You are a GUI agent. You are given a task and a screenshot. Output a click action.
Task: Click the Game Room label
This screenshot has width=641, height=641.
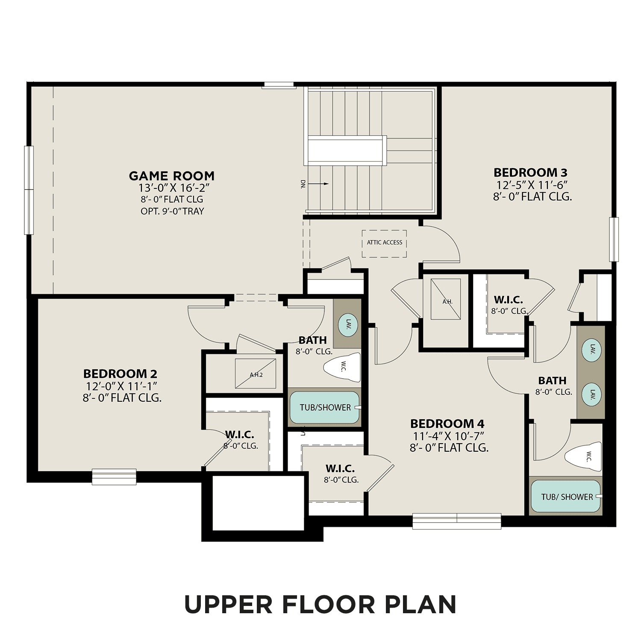tap(171, 176)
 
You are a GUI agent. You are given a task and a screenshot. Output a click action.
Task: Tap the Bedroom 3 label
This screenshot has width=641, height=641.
tap(530, 173)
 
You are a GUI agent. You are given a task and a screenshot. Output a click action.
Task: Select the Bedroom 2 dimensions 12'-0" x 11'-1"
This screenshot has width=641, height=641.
tap(122, 386)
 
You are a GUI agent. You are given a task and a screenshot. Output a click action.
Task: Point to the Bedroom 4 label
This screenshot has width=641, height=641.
tap(447, 424)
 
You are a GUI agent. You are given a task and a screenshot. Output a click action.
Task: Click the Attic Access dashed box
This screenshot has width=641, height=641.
tap(384, 244)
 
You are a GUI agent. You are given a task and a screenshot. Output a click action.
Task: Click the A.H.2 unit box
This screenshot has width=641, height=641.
tap(256, 374)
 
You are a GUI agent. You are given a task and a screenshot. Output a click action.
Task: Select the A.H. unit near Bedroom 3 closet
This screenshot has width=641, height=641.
tap(446, 299)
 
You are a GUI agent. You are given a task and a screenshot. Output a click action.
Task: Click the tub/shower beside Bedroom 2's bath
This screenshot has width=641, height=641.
tap(325, 408)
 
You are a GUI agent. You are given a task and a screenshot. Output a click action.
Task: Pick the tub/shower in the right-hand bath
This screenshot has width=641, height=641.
tap(566, 497)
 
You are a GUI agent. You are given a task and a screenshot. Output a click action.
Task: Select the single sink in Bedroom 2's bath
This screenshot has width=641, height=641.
tap(348, 324)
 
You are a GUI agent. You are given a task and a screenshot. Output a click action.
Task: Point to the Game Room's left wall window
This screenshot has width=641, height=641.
tap(29, 190)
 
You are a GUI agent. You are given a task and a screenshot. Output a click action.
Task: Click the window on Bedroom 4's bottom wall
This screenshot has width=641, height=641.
tap(456, 520)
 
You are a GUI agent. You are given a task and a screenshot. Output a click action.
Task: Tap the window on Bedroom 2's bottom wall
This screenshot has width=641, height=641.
tap(114, 477)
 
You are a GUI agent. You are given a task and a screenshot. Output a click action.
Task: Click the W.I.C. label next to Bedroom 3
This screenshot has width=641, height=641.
tap(508, 300)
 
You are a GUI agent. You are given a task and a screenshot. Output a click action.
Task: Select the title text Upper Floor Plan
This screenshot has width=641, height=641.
tap(320, 604)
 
